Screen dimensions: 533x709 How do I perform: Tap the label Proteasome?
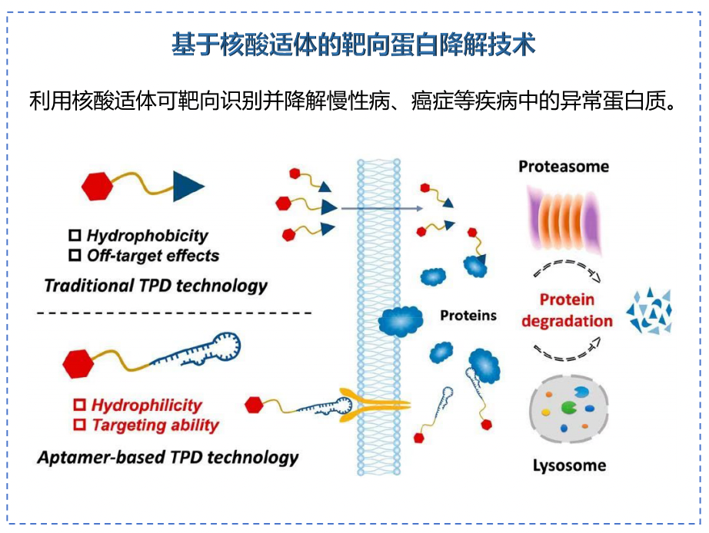564,167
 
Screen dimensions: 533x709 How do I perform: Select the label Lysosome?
569,465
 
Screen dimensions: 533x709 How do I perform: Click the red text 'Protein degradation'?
567,310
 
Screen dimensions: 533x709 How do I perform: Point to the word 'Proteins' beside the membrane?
468,315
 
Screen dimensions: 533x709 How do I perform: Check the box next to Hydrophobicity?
75,236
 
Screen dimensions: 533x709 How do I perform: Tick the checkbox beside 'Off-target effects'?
75,255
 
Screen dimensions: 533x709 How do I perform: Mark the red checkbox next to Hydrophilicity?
79,405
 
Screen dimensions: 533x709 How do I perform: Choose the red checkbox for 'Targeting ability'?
79,424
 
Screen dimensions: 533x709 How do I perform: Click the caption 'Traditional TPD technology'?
155,286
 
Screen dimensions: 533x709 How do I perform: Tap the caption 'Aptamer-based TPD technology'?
168,458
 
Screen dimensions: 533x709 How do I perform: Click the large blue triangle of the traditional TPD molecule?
187,186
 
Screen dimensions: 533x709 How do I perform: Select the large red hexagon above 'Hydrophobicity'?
98,186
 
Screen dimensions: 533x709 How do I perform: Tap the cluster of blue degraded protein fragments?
649,311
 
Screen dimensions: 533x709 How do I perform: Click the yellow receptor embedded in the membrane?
377,402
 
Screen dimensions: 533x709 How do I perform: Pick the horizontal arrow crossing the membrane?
381,208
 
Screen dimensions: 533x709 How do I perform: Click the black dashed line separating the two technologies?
174,313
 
